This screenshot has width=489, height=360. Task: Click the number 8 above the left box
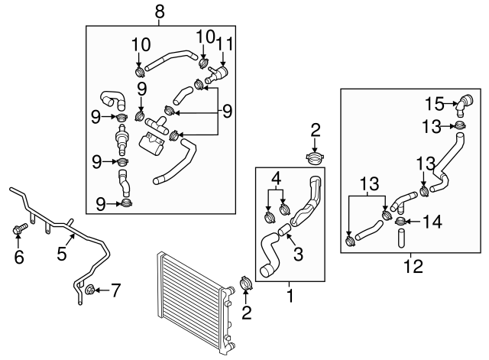(159, 11)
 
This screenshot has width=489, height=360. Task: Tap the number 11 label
(224, 44)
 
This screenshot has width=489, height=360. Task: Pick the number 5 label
(19, 258)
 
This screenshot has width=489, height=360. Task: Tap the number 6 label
(116, 289)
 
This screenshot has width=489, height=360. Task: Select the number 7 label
(413, 268)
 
